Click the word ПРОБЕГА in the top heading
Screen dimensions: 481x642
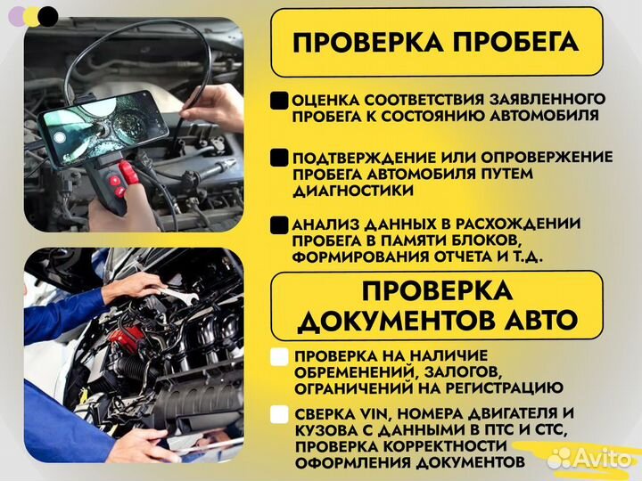[x=506, y=43]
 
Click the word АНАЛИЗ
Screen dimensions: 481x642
[x=324, y=224]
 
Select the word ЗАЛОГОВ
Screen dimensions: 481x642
[x=454, y=371]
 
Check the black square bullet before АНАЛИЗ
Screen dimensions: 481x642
[x=279, y=224]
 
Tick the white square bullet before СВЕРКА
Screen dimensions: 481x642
[x=279, y=414]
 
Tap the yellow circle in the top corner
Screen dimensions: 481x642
[x=31, y=15]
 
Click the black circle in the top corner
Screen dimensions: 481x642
[x=48, y=15]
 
